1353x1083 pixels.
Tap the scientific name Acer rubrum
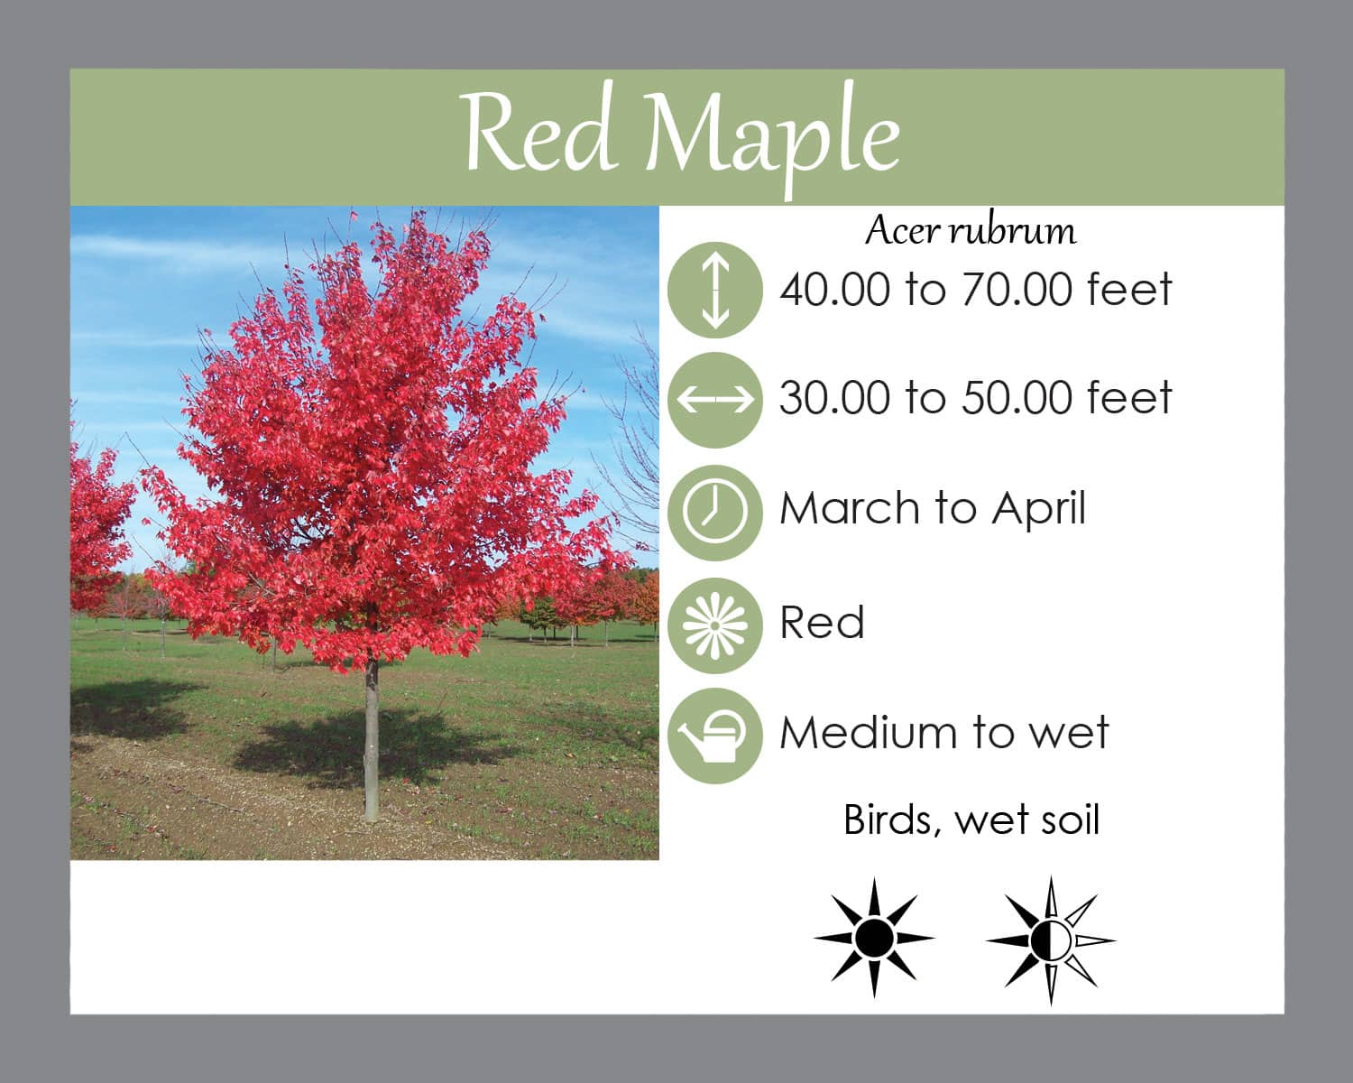pyautogui.click(x=971, y=231)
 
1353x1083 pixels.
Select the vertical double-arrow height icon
pyautogui.click(x=715, y=290)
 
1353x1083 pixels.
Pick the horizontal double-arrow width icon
pyautogui.click(x=715, y=400)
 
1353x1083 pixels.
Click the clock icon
pyautogui.click(x=715, y=512)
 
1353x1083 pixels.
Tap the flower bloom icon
pyautogui.click(x=715, y=625)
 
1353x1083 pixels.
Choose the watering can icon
pyautogui.click(x=715, y=736)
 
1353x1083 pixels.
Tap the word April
pyautogui.click(x=1038, y=508)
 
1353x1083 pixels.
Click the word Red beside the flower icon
pyautogui.click(x=823, y=622)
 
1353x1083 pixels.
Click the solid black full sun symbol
pyautogui.click(x=874, y=938)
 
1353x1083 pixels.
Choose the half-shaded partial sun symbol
pyautogui.click(x=1051, y=940)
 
